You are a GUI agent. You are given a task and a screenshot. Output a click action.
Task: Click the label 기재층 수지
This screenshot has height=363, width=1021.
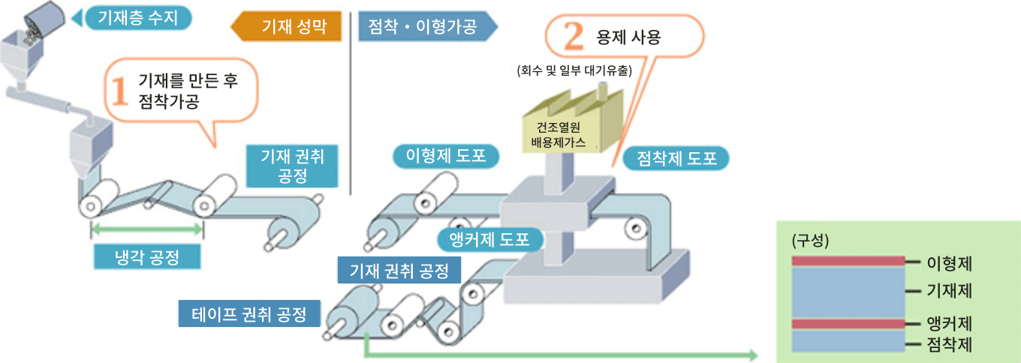coord(138,17)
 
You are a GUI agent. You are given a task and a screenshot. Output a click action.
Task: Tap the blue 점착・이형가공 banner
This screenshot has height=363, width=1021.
coord(424,28)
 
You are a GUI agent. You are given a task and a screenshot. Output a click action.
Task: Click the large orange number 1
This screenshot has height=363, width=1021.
coord(120,91)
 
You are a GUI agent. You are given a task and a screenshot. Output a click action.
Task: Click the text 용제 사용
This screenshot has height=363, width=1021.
coord(628,37)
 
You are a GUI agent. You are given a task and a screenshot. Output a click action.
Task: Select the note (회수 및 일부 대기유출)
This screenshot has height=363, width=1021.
coord(575,71)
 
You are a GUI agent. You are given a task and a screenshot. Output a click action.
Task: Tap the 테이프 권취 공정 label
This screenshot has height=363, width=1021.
coord(248,313)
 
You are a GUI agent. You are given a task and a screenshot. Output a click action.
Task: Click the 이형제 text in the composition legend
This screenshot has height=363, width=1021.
coord(950,263)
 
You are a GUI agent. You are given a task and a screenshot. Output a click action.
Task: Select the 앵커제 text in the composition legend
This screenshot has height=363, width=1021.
coord(950,324)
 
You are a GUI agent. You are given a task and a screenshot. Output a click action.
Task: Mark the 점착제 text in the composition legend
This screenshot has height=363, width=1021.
coord(950,345)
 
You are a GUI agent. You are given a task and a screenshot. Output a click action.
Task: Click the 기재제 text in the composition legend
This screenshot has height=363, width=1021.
coord(950,290)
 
